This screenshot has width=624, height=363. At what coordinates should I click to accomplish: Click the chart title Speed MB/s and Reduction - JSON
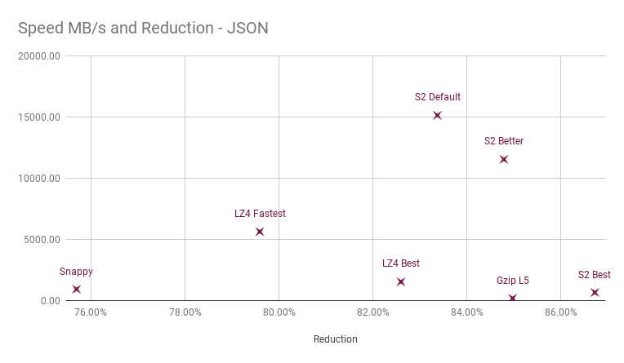point(143,29)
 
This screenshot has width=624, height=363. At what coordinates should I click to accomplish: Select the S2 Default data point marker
point(437,115)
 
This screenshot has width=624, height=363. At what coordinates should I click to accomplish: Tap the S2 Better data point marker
point(504,159)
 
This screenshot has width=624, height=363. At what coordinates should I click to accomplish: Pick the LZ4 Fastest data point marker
point(260,232)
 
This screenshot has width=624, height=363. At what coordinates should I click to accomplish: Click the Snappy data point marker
point(76,289)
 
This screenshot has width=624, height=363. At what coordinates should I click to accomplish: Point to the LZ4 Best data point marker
point(401,281)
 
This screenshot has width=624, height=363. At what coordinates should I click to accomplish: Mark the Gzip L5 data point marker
point(512,299)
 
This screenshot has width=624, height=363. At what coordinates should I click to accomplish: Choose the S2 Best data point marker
point(595,292)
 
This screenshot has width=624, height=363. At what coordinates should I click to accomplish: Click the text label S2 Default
point(437,97)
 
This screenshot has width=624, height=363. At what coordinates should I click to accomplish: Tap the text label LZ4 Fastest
point(260,214)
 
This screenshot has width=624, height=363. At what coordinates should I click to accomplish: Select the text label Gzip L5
point(512,281)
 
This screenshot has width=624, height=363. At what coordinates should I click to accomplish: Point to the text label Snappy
point(76,271)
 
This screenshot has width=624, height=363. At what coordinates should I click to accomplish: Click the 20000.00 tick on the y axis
point(38,56)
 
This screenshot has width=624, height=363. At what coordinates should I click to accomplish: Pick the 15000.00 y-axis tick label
point(38,117)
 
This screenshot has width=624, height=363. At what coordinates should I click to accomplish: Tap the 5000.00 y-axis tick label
point(40,240)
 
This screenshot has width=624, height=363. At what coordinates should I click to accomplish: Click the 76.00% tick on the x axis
point(91,312)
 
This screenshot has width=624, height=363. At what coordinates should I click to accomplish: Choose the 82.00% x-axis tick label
point(373,312)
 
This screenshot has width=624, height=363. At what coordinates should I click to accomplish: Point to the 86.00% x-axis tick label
point(561,312)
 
